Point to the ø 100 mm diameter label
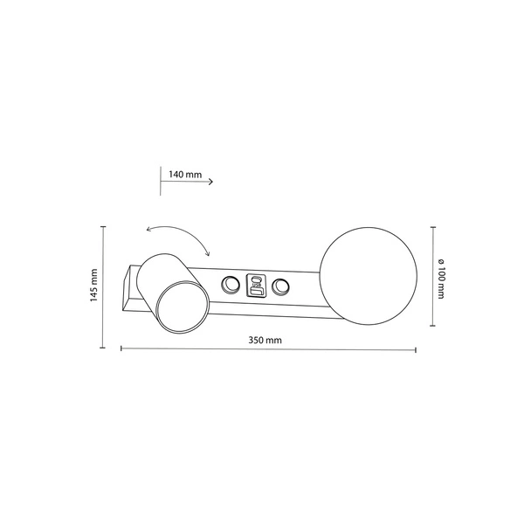[443, 276]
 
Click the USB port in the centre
[256, 285]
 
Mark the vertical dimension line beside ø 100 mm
[432, 276]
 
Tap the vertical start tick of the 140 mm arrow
[162, 181]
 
